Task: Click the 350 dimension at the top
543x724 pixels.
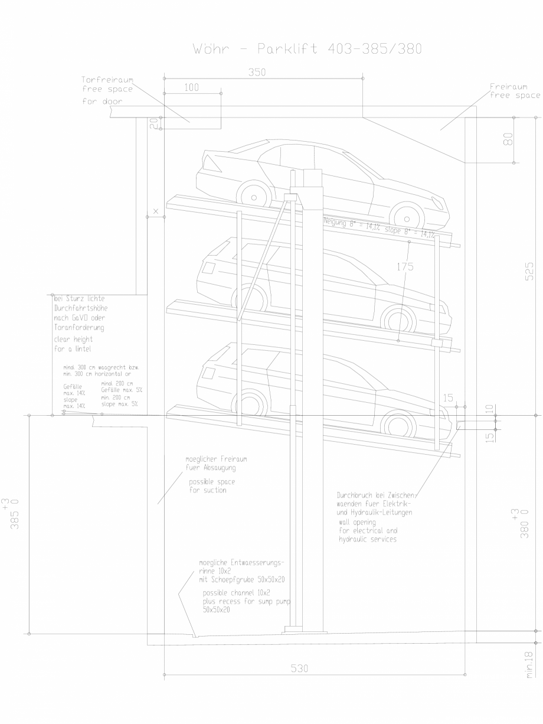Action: click(257, 73)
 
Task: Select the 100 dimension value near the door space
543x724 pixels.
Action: click(192, 87)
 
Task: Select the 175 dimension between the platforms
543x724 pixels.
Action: click(405, 266)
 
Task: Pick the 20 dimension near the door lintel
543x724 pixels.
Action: click(153, 123)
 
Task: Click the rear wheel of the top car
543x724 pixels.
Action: click(407, 217)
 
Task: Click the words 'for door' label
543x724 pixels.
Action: click(102, 101)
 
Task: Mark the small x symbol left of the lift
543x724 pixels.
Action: click(156, 210)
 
